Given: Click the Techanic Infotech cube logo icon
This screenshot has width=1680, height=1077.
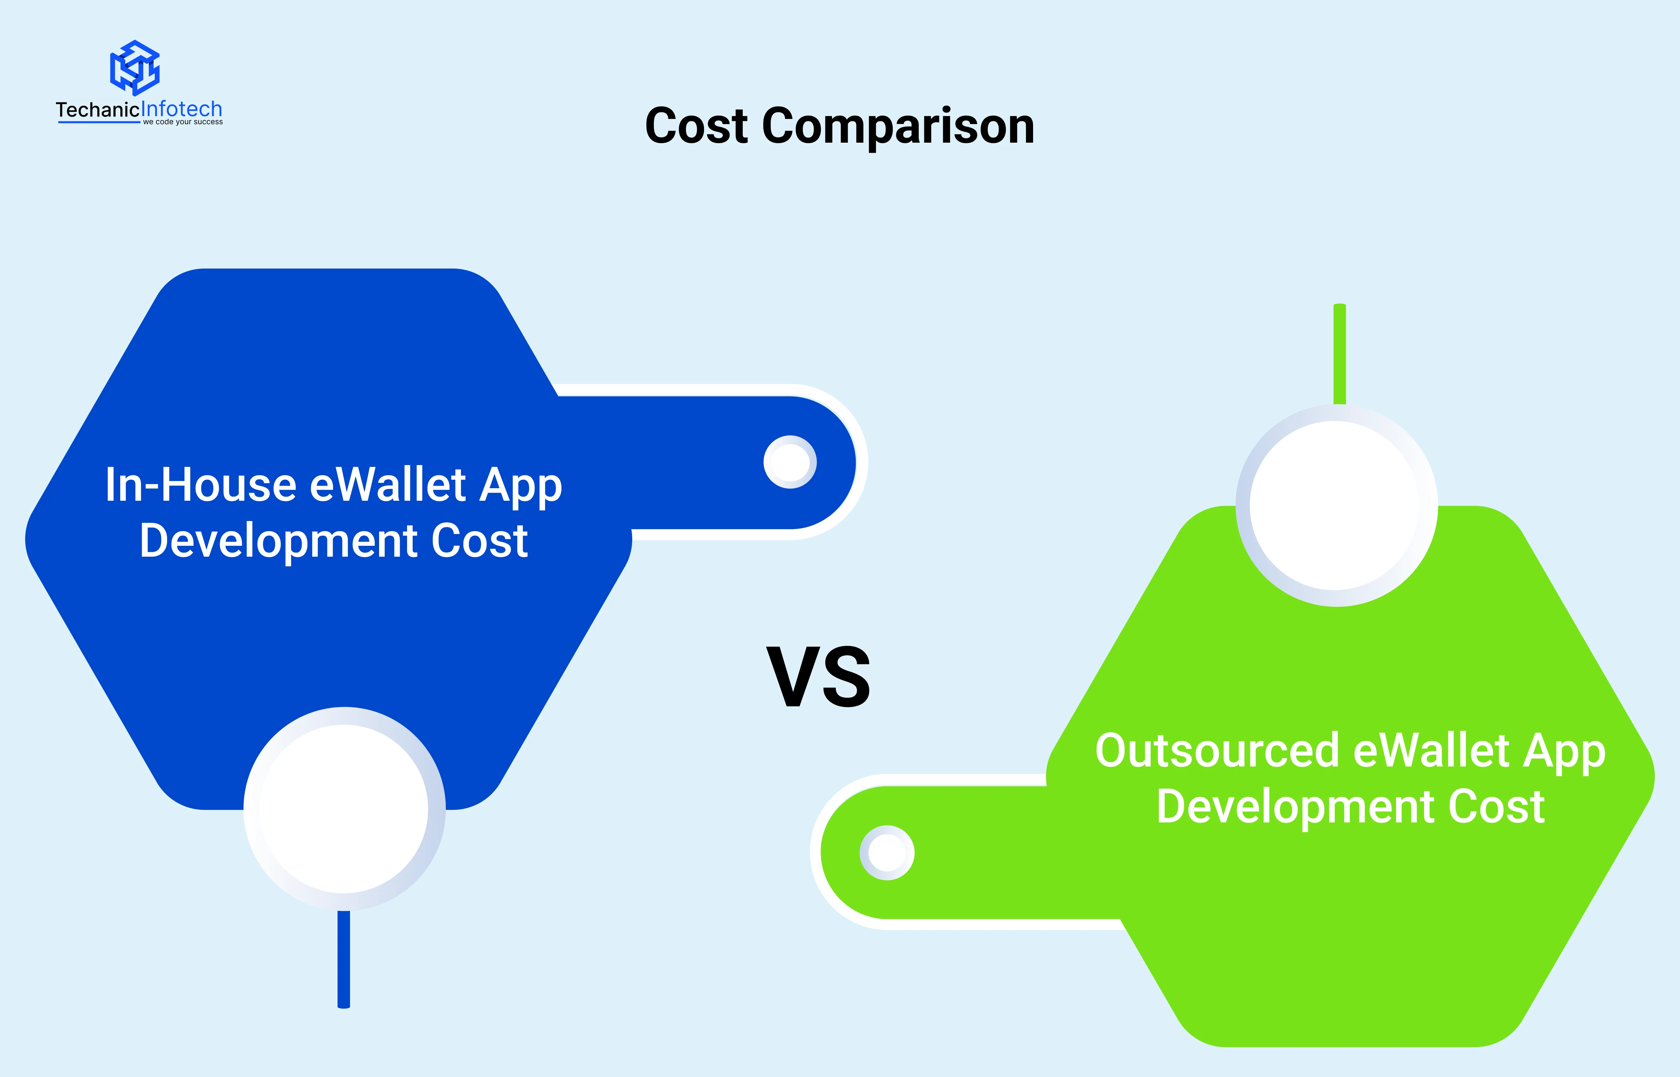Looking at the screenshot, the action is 135,68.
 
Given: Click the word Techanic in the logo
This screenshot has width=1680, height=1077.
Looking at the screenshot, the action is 98,110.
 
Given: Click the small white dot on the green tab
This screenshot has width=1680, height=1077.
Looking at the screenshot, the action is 887,853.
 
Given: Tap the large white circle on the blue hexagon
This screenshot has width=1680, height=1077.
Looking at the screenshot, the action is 344,808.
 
